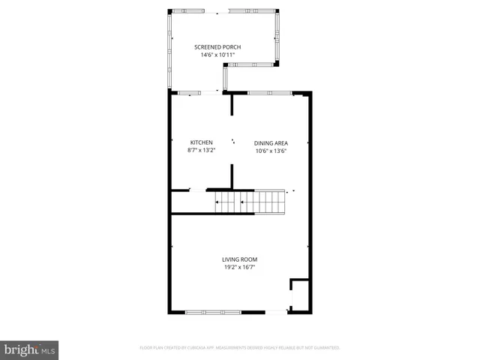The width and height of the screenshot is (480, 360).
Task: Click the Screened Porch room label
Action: click(217, 47)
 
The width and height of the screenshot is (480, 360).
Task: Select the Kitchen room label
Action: click(201, 142)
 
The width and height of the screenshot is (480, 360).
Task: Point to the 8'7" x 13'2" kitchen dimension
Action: click(201, 150)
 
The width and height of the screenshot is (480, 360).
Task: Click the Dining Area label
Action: click(271, 142)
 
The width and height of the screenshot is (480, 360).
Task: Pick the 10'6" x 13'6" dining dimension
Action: click(271, 150)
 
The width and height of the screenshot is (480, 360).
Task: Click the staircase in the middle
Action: click(250, 202)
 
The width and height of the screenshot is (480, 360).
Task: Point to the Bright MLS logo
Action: click(30, 349)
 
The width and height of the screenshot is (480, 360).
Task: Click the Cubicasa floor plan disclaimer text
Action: click(240, 348)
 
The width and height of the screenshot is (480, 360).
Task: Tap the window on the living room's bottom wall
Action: click(214, 312)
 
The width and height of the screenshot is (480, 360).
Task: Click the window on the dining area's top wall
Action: click(269, 93)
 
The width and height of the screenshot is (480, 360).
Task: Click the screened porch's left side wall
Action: click(170, 49)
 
